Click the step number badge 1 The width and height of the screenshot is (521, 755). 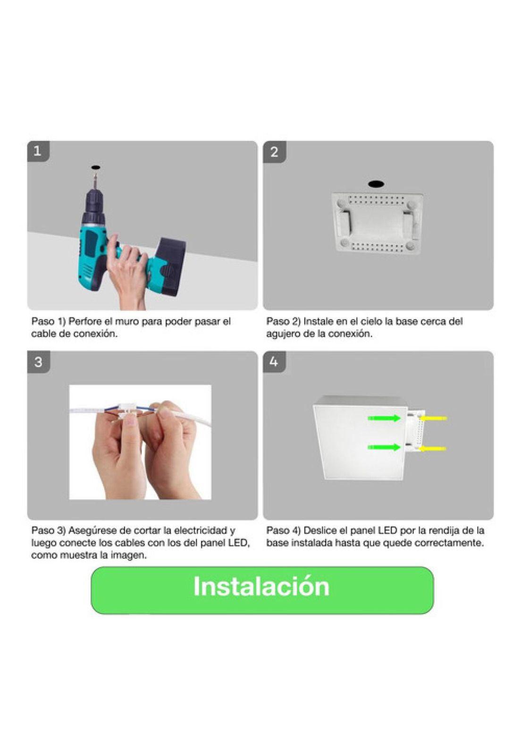click(x=38, y=151)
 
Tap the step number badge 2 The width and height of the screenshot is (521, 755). click(x=274, y=151)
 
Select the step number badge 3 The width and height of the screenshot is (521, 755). click(x=38, y=362)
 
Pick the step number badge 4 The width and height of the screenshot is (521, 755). click(x=274, y=362)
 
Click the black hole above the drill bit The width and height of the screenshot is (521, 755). click(x=95, y=167)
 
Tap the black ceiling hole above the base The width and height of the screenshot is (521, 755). click(x=376, y=184)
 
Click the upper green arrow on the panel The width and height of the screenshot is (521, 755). click(x=384, y=418)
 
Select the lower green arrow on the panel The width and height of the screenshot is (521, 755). click(x=384, y=447)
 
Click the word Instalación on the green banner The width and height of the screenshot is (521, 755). click(x=261, y=586)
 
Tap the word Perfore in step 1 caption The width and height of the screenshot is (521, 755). click(x=85, y=321)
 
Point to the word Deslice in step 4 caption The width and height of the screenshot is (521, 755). click(x=320, y=530)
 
